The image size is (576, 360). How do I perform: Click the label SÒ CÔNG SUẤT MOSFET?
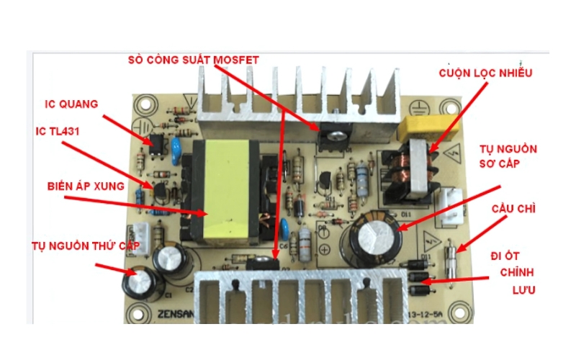(x=192, y=58)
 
